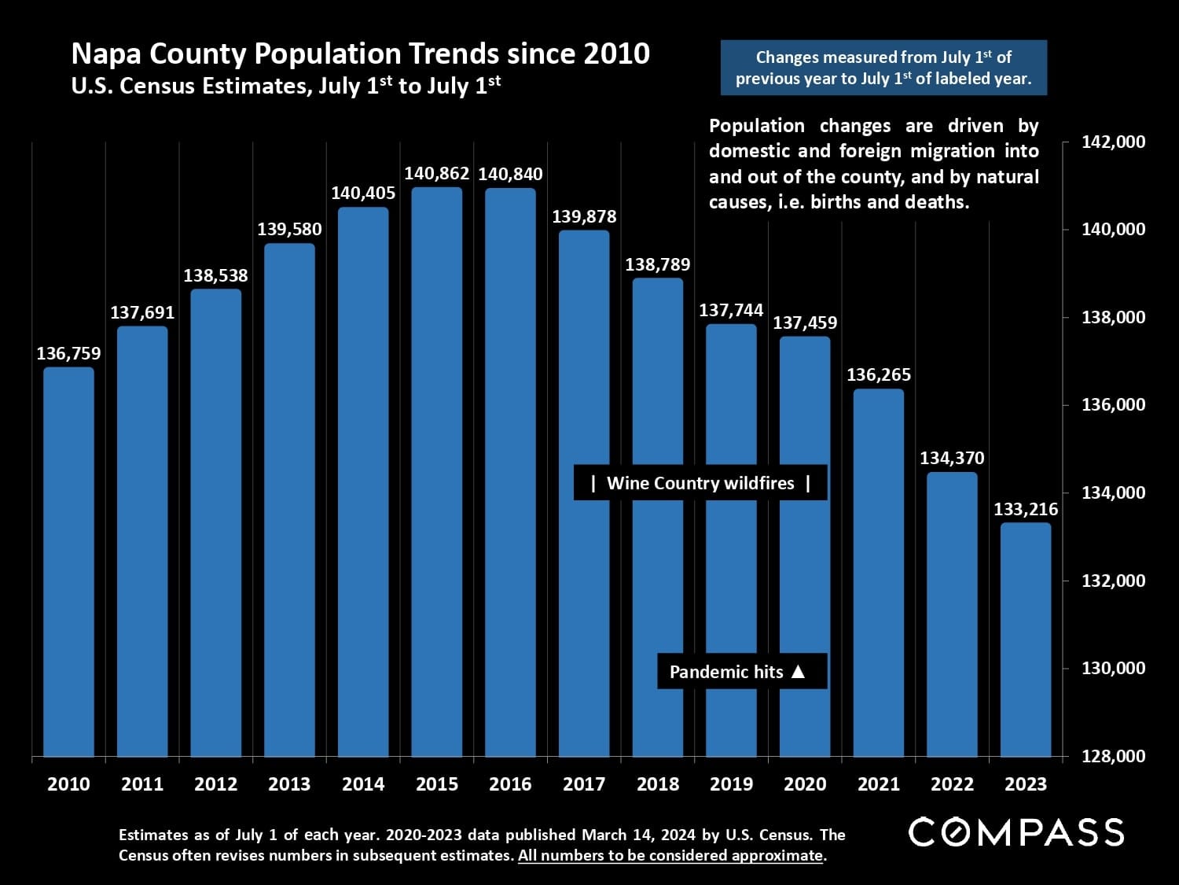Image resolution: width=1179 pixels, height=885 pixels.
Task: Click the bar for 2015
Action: click(437, 472)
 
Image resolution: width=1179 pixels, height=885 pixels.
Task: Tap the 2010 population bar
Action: click(68, 562)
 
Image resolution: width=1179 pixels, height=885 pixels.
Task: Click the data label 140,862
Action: click(437, 174)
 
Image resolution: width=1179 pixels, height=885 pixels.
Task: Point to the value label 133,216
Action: click(1026, 509)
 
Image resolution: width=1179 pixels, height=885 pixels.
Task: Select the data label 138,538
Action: click(215, 275)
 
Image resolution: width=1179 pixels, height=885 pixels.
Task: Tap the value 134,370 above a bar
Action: click(952, 458)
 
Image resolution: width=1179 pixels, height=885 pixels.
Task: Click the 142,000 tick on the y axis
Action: click(1114, 142)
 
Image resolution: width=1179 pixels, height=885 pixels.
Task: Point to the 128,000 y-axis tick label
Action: click(1114, 756)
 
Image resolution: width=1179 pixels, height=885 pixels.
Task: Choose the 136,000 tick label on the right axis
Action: click(1114, 405)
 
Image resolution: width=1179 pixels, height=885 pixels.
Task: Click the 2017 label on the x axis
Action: click(584, 784)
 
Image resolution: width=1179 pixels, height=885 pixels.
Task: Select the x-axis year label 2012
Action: click(215, 784)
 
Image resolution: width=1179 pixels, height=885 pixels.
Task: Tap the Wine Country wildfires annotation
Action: click(700, 483)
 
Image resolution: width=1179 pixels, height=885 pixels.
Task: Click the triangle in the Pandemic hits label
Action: click(798, 672)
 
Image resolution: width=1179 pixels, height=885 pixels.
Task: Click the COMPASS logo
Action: click(1016, 832)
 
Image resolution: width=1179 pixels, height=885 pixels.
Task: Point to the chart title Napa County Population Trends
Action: click(360, 53)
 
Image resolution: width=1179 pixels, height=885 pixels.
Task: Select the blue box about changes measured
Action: click(883, 68)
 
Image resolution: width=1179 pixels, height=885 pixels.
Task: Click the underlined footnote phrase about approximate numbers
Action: click(670, 856)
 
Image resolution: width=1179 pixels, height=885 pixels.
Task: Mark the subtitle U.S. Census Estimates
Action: click(285, 85)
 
